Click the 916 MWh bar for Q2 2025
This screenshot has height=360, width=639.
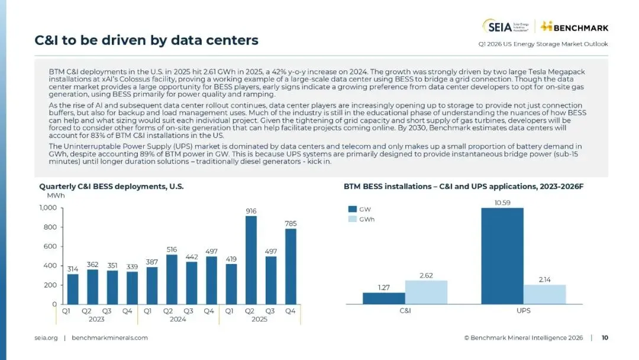coord(251,260)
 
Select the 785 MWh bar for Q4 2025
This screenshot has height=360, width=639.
coord(291,266)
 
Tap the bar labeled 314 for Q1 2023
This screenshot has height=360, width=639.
coord(73,289)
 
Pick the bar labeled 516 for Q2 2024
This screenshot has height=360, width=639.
coord(172,279)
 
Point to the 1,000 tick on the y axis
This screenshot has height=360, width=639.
coord(48,208)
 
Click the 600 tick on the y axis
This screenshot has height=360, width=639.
coord(51,246)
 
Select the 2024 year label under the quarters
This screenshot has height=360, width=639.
coord(178,320)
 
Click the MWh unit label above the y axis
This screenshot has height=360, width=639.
coord(56,195)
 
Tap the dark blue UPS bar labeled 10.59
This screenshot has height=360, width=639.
coord(502,256)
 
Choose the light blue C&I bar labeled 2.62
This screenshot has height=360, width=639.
coord(426,292)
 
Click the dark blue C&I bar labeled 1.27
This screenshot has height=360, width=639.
coord(384,298)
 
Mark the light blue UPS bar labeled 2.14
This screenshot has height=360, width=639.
coord(545,294)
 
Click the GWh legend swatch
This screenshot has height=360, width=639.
coord(352,219)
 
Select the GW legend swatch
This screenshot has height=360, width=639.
coord(352,209)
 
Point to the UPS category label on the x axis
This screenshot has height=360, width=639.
coord(524,310)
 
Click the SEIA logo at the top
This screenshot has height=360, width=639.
coord(506,26)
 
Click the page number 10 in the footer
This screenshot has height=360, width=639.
coord(605,338)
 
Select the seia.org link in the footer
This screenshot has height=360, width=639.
coord(46,338)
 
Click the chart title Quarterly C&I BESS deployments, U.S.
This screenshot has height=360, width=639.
coord(111,186)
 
